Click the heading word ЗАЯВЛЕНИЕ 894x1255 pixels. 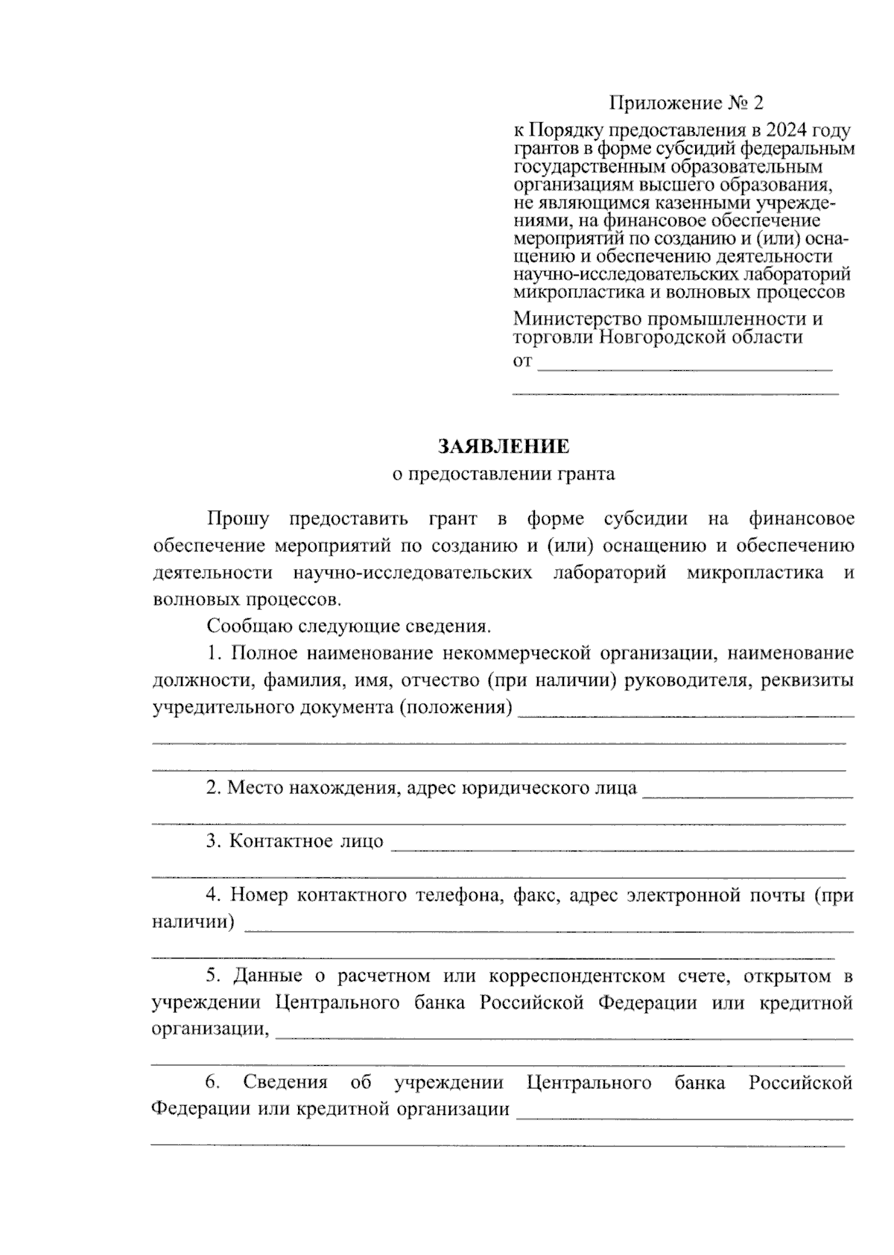(504, 446)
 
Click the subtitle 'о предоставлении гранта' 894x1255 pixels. (504, 474)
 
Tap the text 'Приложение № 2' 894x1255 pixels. (686, 103)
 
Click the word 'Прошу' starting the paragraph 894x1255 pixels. (238, 518)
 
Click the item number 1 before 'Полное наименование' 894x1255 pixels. (215, 653)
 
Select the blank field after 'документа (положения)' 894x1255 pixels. (685, 711)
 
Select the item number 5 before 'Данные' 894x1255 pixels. (215, 976)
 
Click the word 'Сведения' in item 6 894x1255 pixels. (285, 1082)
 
